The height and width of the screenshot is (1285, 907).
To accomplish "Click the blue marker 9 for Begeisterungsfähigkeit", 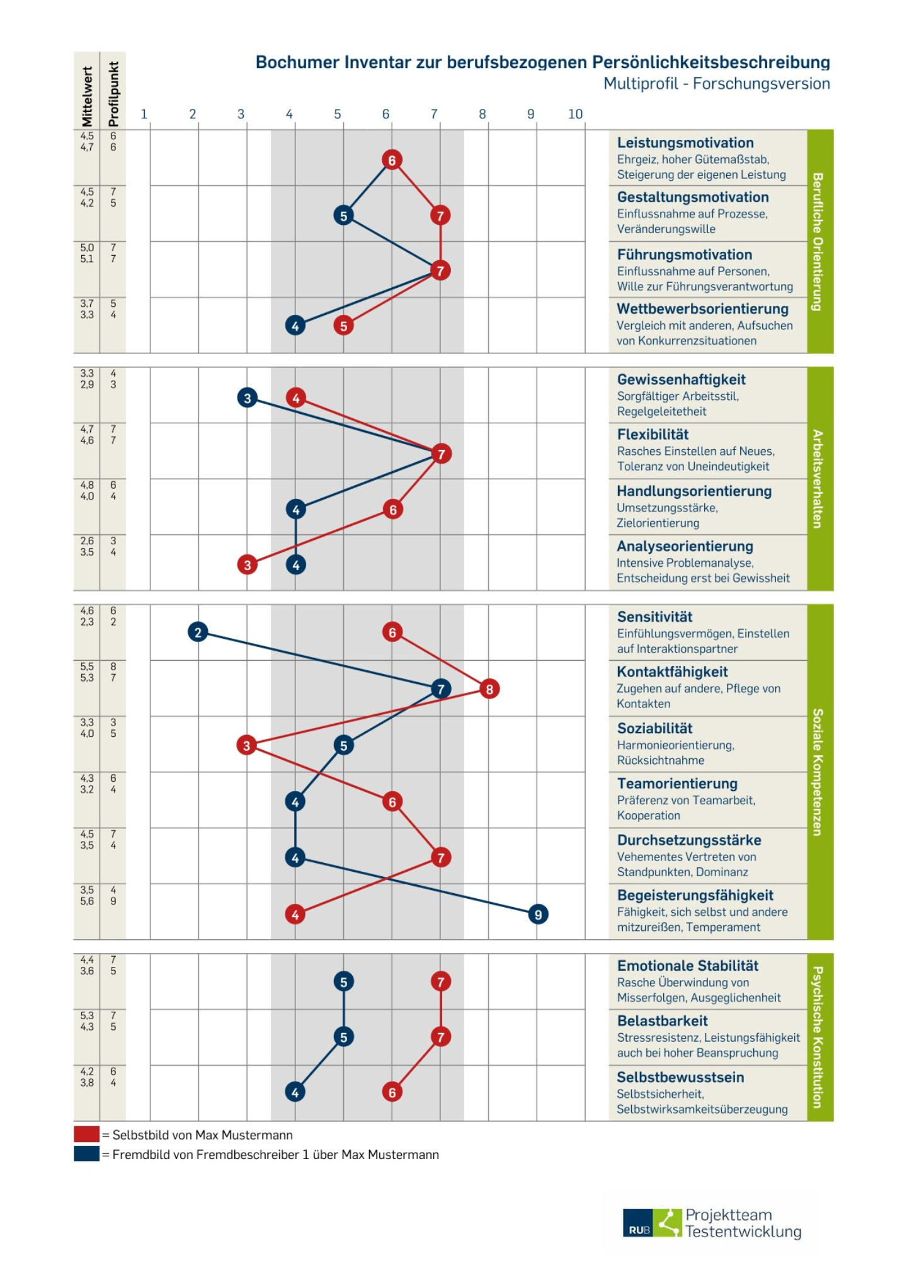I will [538, 914].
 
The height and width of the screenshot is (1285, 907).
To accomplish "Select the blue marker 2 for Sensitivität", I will [198, 632].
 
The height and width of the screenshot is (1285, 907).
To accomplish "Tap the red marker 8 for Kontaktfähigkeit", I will [489, 689].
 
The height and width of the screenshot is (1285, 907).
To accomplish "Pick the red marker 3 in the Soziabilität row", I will [246, 746].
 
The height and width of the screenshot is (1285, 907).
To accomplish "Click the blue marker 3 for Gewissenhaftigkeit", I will [247, 398].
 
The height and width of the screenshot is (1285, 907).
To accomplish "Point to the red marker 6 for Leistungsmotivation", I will [392, 160].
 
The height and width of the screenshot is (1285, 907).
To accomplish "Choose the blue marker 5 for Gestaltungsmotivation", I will [343, 216].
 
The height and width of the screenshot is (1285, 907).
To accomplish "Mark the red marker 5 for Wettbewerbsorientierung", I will [343, 326].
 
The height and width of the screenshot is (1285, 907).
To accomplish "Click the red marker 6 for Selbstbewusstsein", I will [392, 1092].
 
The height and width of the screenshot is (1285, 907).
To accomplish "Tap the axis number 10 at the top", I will [576, 114].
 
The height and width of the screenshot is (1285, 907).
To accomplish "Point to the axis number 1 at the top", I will [144, 114].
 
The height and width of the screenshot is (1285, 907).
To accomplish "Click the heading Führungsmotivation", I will [684, 255].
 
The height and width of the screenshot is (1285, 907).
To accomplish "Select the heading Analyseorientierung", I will [685, 547].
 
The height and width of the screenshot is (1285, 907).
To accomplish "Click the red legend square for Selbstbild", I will [86, 1134].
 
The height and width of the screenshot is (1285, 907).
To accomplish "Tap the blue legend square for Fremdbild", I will [86, 1154].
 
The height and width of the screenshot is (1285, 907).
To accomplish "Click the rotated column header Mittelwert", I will [87, 96].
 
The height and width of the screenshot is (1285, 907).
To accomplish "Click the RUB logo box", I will [638, 1223].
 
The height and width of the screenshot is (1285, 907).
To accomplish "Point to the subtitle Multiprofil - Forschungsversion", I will [716, 84].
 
